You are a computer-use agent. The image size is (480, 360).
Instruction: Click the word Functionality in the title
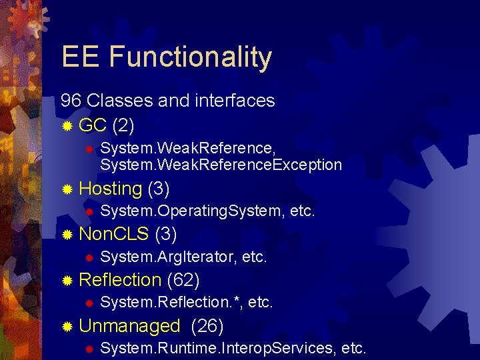click(191, 57)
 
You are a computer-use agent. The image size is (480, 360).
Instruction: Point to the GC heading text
click(93, 125)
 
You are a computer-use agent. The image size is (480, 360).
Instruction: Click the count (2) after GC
click(125, 125)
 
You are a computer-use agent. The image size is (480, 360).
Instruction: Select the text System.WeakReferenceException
click(221, 165)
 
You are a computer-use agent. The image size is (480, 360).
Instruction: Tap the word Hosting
click(110, 189)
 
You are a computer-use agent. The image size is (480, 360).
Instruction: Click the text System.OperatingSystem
click(193, 212)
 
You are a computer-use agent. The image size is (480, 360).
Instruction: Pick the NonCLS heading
click(114, 235)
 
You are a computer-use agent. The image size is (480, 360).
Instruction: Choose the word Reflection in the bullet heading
click(120, 280)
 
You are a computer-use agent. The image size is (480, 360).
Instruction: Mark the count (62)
click(184, 280)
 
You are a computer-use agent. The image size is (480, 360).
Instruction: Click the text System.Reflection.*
click(171, 303)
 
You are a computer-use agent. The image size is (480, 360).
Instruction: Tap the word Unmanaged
click(129, 326)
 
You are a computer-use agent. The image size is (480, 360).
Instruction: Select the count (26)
click(207, 326)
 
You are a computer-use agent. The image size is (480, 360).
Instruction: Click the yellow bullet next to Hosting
click(67, 190)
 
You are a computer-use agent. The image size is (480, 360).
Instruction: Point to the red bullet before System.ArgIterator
click(87, 258)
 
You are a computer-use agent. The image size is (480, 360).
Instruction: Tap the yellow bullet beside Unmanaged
click(67, 327)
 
